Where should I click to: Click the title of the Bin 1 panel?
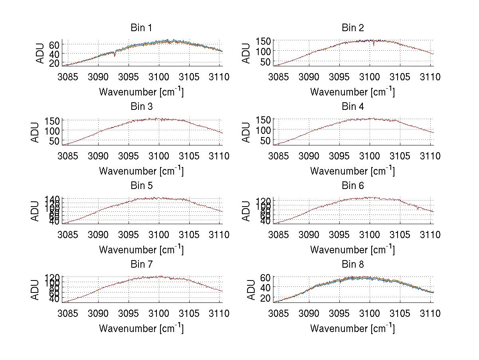[x=141, y=28]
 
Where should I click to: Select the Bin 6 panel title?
[x=352, y=186]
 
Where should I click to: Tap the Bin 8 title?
[x=352, y=265]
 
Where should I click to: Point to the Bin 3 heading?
[x=141, y=107]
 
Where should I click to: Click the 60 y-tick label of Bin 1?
[x=54, y=44]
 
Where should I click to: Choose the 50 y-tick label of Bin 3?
[x=55, y=141]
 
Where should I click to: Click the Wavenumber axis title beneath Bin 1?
[x=141, y=92]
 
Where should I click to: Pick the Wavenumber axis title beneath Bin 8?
[x=352, y=328]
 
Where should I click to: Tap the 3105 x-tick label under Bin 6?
[x=400, y=235]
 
